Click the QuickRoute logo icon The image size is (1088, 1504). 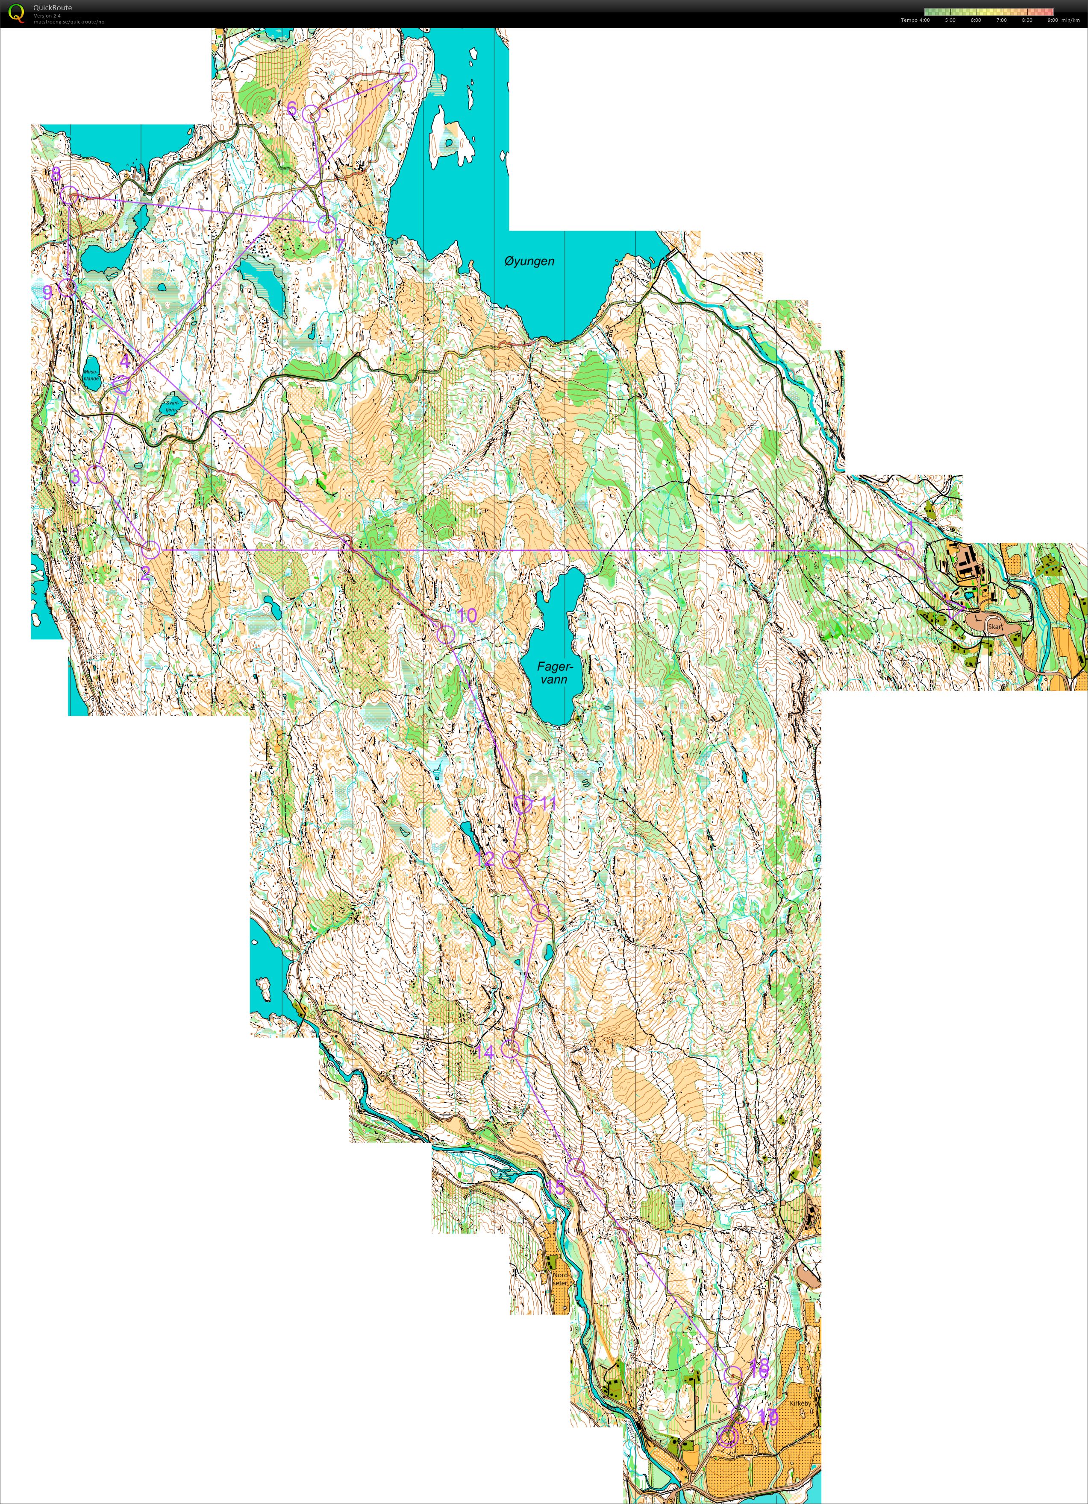[16, 13]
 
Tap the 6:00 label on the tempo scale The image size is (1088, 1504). [975, 20]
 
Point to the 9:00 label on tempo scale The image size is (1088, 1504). [1052, 20]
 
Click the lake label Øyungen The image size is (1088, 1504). [529, 261]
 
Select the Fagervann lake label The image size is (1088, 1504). [553, 673]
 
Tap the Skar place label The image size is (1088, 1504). [994, 626]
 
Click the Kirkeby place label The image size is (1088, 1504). [800, 1403]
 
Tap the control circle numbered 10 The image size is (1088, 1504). [446, 635]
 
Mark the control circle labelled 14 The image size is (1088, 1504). [509, 1048]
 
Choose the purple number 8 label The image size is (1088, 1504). [56, 174]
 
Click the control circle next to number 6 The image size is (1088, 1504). [311, 114]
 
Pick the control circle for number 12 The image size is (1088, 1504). [510, 860]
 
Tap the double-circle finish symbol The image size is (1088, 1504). [728, 1437]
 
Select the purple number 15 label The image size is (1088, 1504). [556, 1186]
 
